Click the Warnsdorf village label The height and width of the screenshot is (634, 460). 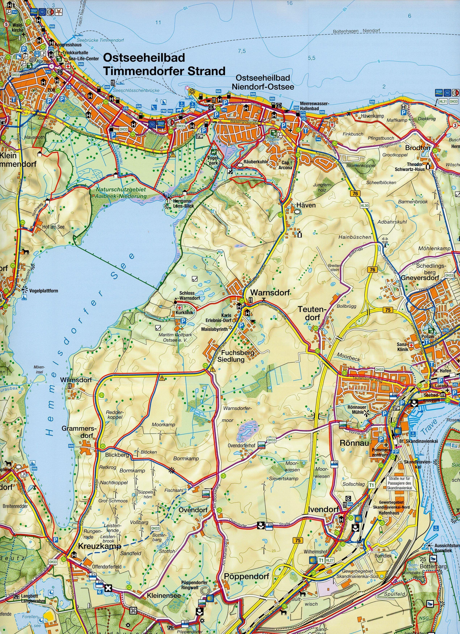pos(270,293)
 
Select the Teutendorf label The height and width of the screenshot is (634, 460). pos(312,313)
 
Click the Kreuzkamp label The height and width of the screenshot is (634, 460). pos(99,546)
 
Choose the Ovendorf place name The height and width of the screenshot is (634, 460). pos(193,510)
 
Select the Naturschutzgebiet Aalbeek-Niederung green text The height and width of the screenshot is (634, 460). pos(121,193)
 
